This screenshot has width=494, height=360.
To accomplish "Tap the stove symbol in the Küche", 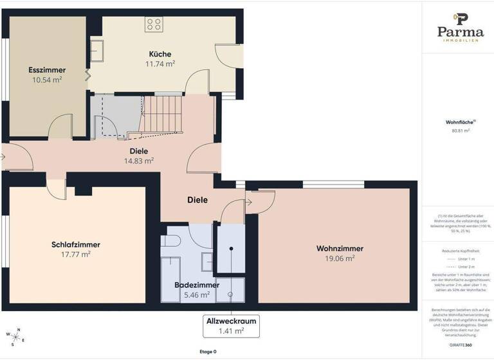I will (154, 24).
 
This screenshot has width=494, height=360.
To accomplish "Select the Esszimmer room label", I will (47, 69).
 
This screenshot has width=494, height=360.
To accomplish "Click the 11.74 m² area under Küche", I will (161, 64).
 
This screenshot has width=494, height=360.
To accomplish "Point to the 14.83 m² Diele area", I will (138, 161).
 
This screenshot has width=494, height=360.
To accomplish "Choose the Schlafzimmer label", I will (76, 244).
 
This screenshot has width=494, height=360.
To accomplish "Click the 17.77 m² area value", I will (76, 255).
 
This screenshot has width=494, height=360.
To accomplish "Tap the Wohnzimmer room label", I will (340, 248).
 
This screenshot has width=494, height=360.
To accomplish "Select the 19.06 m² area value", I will (340, 258).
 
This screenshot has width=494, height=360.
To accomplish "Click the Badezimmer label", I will (197, 285).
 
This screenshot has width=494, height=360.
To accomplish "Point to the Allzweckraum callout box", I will (231, 326).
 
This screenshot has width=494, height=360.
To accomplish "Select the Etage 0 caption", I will (208, 352).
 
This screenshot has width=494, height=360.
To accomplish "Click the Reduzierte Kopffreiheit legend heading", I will (457, 251).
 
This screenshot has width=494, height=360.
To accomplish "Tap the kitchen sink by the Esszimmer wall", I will (98, 50).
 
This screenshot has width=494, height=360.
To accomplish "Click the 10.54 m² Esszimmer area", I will (47, 80).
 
